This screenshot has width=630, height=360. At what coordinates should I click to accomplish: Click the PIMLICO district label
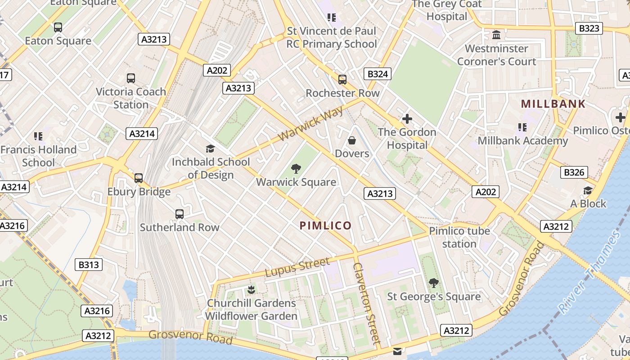coord(325,225)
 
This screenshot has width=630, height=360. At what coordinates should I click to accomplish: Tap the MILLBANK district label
coord(553,104)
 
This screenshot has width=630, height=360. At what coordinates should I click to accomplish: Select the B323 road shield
coord(589,28)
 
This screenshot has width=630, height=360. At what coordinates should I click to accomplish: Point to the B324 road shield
coord(377,74)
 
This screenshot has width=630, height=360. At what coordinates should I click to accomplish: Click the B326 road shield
coord(574,172)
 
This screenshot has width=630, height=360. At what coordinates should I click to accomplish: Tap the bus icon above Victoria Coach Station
coord(131,78)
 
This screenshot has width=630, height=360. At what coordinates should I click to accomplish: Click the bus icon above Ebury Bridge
coord(139,178)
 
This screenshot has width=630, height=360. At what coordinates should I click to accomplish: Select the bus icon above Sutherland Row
coord(180,214)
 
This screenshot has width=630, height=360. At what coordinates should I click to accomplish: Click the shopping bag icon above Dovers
coord(352,140)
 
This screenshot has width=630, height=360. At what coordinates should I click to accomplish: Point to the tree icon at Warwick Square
coord(296,169)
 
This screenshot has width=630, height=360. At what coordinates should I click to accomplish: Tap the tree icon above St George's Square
coord(434,283)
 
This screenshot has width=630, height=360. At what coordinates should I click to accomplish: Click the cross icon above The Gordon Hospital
coord(407,119)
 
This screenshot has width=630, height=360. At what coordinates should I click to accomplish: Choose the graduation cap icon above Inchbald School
coord(210,148)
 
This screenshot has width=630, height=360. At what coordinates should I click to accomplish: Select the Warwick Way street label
coord(310,123)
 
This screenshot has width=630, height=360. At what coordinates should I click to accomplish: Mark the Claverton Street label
coord(367,304)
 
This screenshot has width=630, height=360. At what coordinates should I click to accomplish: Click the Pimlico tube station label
coord(459,237)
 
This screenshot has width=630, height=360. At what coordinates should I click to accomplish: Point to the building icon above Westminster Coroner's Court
coord(496,35)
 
